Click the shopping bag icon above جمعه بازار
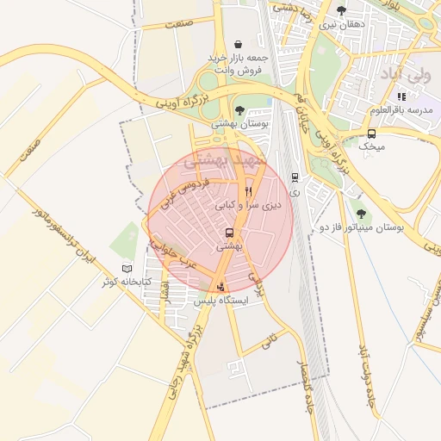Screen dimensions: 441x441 click(x=238, y=44)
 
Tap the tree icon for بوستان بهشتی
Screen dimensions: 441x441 click(x=239, y=110)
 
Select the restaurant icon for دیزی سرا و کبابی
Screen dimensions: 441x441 click(x=248, y=191)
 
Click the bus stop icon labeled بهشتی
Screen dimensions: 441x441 click(x=229, y=233)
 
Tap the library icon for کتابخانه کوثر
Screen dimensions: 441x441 click(x=127, y=269)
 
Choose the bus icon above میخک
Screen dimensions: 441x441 click(x=371, y=134)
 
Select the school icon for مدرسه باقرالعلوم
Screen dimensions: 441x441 click(x=401, y=96)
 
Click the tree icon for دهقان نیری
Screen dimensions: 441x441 click(x=341, y=10)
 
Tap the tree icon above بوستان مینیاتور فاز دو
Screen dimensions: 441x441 click(x=360, y=214)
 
